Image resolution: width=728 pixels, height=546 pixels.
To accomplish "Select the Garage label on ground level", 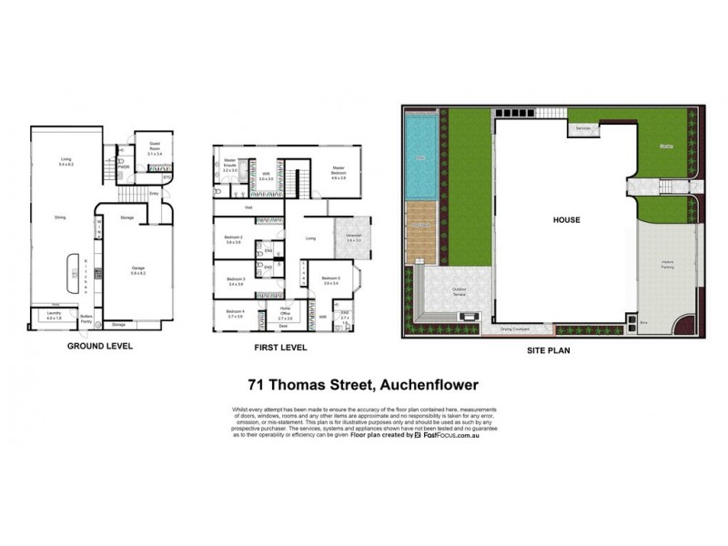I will click(x=138, y=269).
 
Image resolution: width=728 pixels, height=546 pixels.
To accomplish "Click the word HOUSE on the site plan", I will click(x=566, y=219).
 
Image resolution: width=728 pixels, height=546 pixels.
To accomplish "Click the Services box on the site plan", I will click(x=583, y=129).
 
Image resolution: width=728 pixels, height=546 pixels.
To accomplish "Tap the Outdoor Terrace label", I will click(x=441, y=293).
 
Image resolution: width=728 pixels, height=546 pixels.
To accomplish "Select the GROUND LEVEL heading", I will click(x=100, y=347).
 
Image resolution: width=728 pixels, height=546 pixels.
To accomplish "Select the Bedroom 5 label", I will click(x=331, y=279).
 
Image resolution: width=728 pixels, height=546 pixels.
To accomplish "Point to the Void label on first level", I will click(x=248, y=207).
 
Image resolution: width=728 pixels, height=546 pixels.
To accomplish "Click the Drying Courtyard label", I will click(x=515, y=330).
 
